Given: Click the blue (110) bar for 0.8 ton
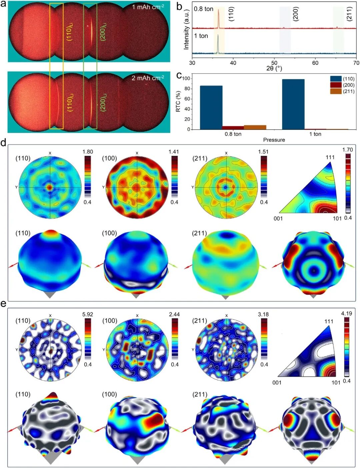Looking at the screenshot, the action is (211, 108).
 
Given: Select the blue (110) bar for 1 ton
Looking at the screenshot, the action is (293, 104).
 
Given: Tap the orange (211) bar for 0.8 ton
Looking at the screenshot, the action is (255, 127).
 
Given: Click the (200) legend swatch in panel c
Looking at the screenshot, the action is (336, 85).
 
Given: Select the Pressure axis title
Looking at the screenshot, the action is (274, 140).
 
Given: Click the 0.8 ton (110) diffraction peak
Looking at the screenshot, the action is (218, 19).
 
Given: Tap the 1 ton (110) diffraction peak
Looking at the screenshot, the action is (218, 44).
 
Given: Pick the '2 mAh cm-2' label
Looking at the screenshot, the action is (148, 78).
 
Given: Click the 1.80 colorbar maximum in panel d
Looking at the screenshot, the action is (88, 152).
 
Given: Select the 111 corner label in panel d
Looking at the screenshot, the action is (330, 158).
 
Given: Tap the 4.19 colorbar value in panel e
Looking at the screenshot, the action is (347, 313).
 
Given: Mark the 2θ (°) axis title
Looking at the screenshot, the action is (274, 69).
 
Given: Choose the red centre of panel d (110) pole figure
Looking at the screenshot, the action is (50, 188).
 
